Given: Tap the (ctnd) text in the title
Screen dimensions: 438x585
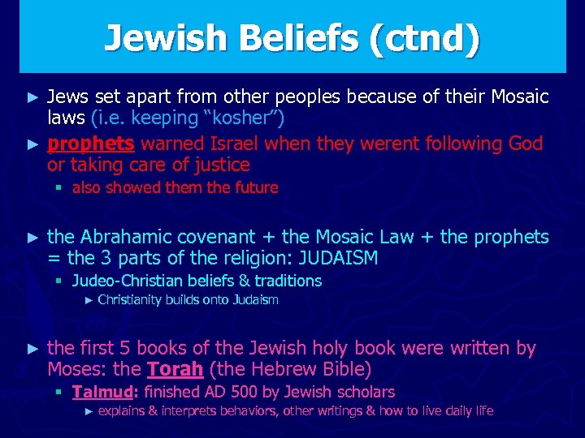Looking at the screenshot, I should pos(422,38).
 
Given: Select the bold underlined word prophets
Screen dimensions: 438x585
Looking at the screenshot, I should pos(90,144).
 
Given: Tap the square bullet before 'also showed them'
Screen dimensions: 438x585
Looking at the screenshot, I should pos(59,188).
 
